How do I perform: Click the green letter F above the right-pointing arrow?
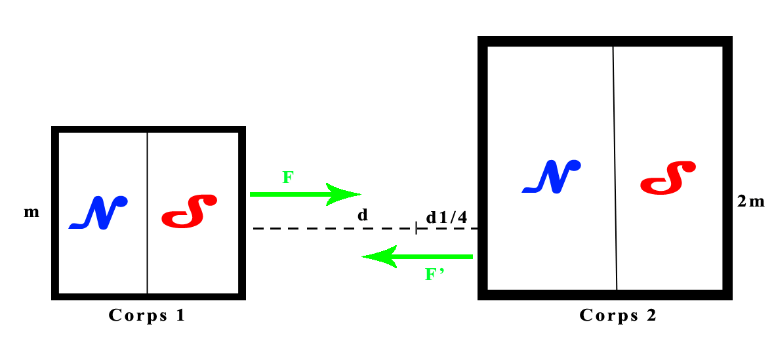pyautogui.click(x=287, y=177)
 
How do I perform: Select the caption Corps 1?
pyautogui.click(x=147, y=315)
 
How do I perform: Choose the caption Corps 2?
pyautogui.click(x=617, y=315)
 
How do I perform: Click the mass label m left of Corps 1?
pyautogui.click(x=31, y=213)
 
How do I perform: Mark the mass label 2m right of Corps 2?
pyautogui.click(x=750, y=201)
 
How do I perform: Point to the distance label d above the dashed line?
pyautogui.click(x=361, y=216)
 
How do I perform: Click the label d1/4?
pyautogui.click(x=446, y=217)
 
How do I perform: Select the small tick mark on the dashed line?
pyautogui.click(x=416, y=228)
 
